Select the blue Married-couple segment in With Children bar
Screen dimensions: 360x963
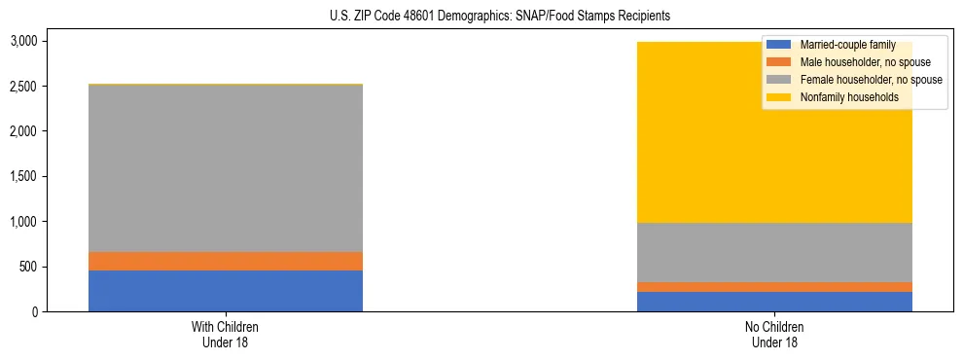click(x=226, y=291)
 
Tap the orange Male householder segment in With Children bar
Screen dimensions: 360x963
click(x=226, y=261)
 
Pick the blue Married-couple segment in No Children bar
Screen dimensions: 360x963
click(x=774, y=302)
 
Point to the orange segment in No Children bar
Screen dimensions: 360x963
click(x=774, y=287)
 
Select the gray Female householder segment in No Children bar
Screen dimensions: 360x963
click(x=774, y=252)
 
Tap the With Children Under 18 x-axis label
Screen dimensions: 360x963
click(x=226, y=335)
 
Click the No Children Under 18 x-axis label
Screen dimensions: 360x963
click(x=774, y=335)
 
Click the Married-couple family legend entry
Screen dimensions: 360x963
click(x=845, y=45)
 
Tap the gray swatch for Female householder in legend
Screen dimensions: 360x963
click(x=779, y=80)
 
